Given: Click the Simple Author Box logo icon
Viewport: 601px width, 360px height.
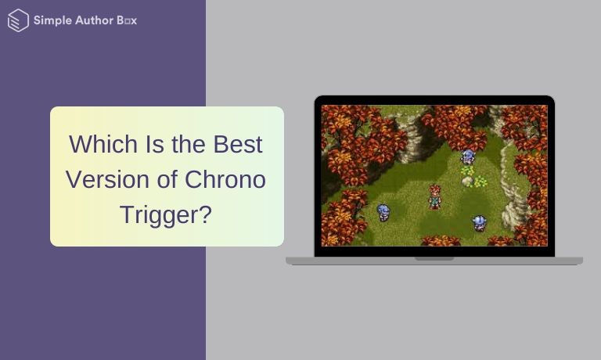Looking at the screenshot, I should [17, 21].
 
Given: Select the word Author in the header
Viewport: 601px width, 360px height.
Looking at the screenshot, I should [92, 21].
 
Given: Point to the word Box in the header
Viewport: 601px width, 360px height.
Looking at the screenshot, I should [127, 21].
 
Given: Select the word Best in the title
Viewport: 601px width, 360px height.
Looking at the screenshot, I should [237, 145].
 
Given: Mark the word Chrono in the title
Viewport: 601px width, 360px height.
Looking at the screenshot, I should [225, 179].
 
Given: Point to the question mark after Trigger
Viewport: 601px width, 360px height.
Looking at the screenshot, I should [206, 214].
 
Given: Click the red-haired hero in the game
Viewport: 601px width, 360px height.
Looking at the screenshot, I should [434, 196].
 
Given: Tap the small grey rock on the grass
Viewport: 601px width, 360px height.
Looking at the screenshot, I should [467, 182].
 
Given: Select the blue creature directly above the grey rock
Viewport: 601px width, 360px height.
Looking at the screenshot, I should [468, 157].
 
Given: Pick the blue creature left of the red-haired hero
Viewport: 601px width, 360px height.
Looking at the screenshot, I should [383, 212].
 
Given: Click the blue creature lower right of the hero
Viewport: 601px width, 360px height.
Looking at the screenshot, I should [479, 223].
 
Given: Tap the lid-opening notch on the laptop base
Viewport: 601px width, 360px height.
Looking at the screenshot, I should [434, 258].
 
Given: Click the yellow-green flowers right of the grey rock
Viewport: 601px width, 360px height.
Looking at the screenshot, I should [480, 182].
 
